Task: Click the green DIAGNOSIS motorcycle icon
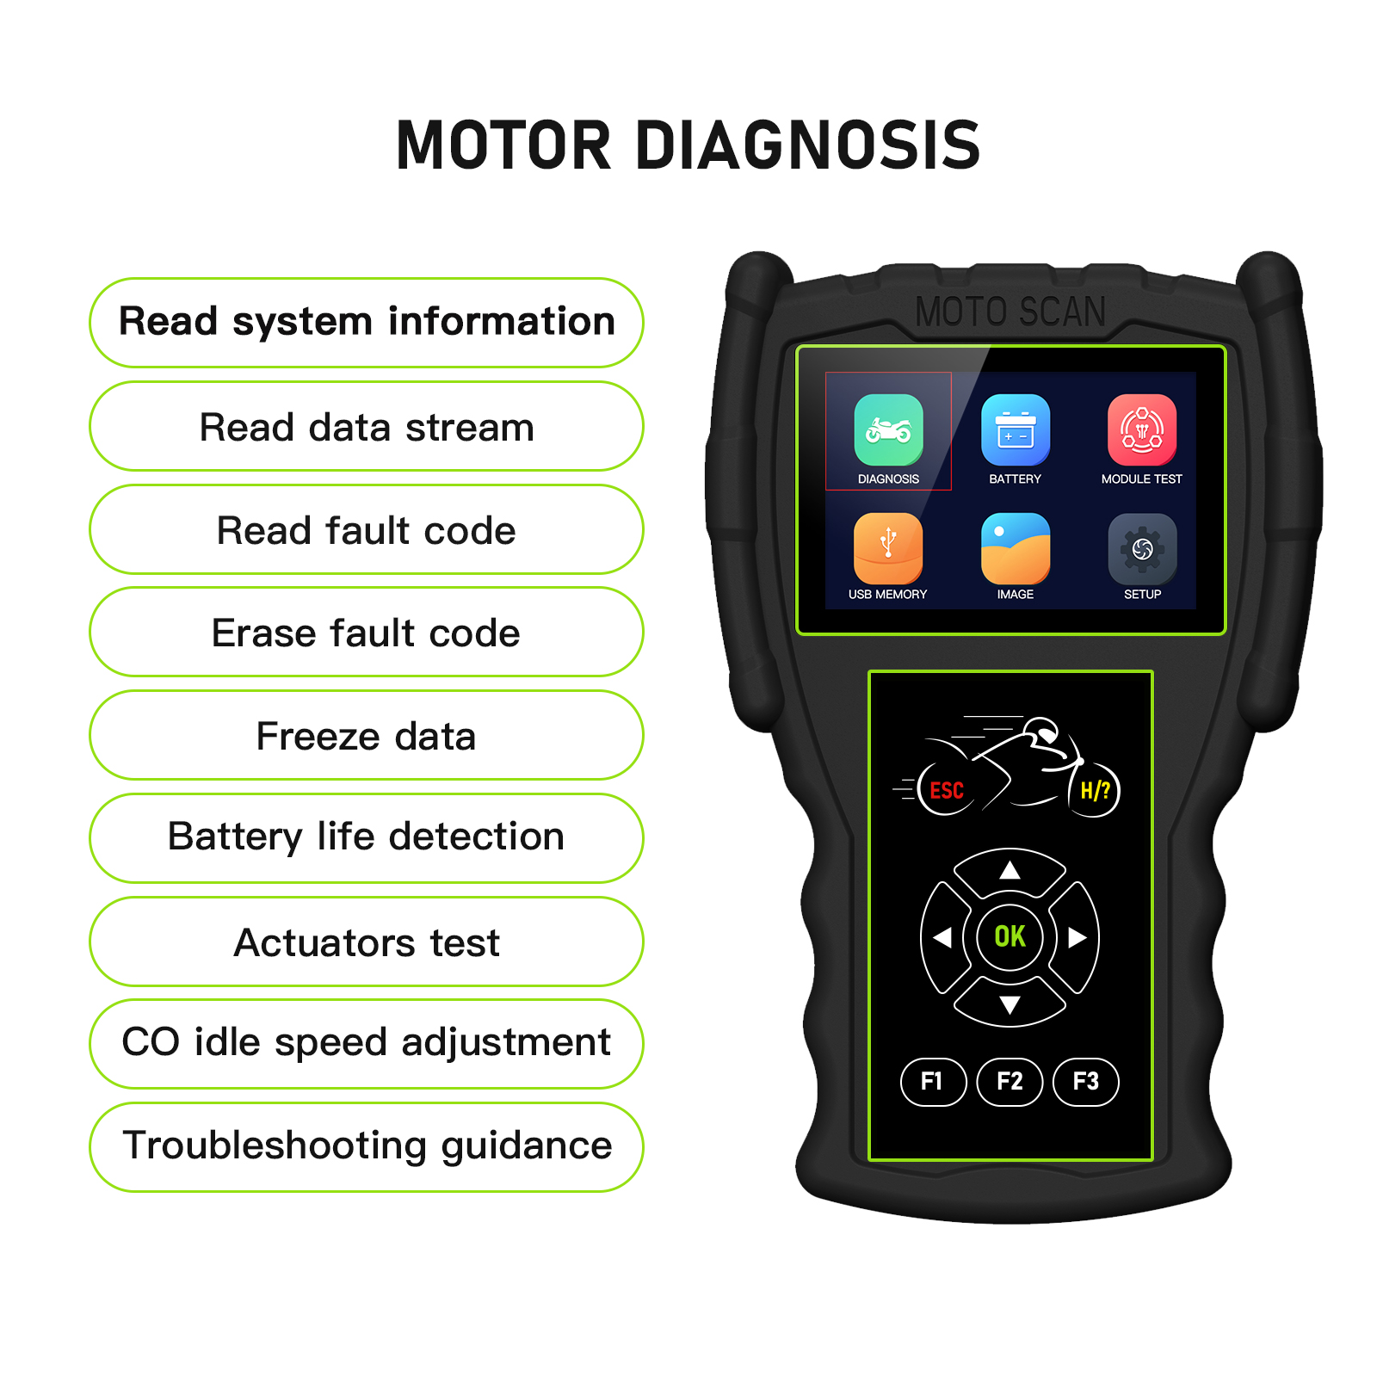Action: tap(888, 429)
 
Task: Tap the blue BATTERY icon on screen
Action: tap(1016, 429)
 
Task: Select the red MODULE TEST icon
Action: tap(1142, 429)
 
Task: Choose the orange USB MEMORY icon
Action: tap(888, 547)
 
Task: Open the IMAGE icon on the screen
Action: tap(1016, 547)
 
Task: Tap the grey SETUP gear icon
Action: tap(1142, 547)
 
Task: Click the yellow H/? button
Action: tap(1096, 790)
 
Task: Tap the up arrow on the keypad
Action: tap(1010, 870)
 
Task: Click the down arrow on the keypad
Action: tap(1010, 1004)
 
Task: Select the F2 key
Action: tap(1010, 1081)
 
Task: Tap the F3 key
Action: tap(1086, 1081)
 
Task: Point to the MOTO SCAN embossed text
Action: tap(1010, 312)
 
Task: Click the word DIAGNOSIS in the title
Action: tap(808, 145)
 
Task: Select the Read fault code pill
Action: tap(367, 529)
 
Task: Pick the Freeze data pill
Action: tap(367, 735)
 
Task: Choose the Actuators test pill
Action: tap(367, 942)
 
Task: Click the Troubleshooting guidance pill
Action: tap(367, 1146)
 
